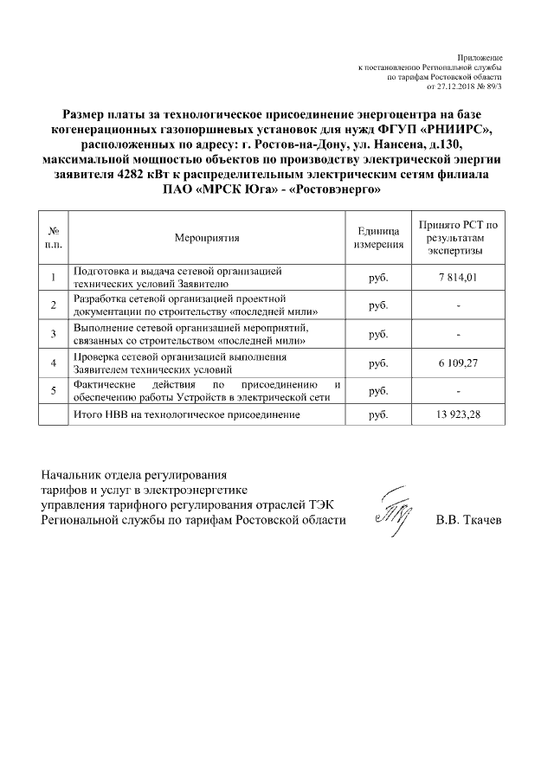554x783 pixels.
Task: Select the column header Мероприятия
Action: click(206, 236)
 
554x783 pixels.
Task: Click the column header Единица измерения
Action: click(378, 236)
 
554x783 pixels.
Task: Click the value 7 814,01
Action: click(459, 277)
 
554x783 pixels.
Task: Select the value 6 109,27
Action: click(459, 362)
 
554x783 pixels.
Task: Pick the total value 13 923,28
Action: click(459, 415)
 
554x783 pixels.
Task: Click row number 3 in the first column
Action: click(54, 334)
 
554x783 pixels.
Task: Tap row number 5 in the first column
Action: click(54, 390)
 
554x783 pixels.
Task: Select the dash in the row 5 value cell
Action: click(459, 390)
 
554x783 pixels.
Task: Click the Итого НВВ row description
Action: click(187, 415)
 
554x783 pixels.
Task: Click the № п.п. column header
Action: click(54, 236)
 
